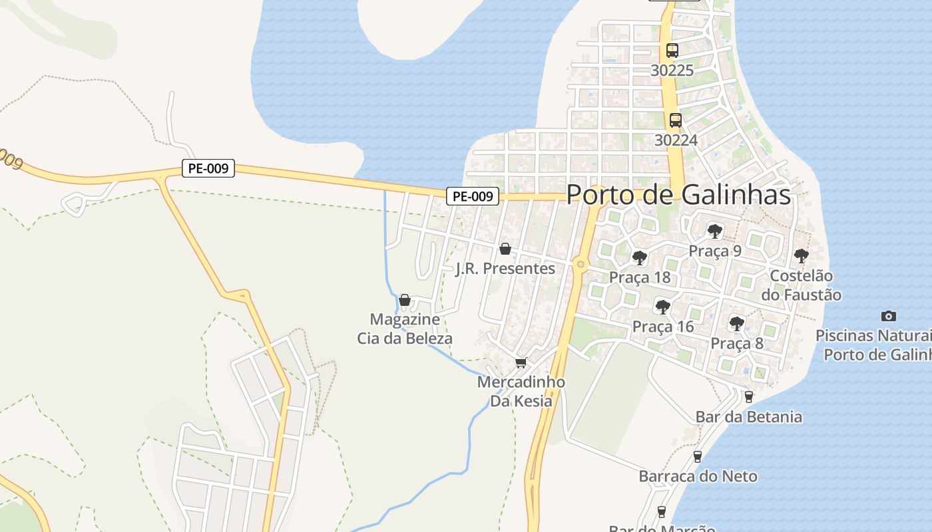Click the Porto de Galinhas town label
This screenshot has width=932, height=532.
point(678,195)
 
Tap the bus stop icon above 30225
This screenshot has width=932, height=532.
point(672,50)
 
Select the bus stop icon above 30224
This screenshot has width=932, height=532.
point(675,120)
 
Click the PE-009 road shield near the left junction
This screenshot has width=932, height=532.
point(208,168)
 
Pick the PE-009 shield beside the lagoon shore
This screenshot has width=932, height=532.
point(472,196)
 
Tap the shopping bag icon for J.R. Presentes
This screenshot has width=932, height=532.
point(505,249)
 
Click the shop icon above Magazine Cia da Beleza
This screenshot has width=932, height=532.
point(404,300)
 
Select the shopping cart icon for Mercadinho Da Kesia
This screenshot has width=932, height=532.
point(521,362)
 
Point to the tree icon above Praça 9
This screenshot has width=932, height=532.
point(715,231)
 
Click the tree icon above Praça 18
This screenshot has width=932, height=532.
point(639,257)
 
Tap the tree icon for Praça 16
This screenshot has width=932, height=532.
point(662,307)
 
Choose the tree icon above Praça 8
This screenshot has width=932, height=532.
point(736,324)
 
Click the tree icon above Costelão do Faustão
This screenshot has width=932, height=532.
point(801,255)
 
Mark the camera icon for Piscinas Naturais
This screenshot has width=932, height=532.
point(888,316)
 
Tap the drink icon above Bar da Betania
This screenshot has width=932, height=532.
point(749,397)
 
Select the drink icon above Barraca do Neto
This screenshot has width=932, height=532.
point(698,456)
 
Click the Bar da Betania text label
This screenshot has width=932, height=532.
point(749,417)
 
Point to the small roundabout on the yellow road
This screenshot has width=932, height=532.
point(581,265)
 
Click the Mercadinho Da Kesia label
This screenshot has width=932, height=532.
point(521,392)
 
